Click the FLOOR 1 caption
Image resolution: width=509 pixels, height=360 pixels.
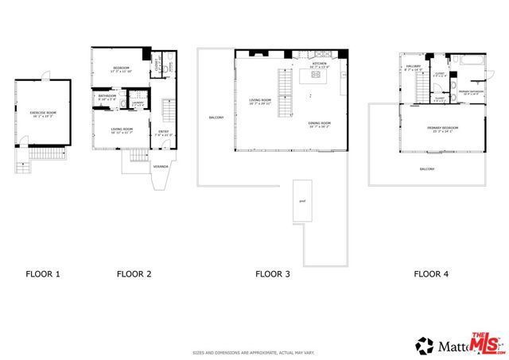coord(43,274)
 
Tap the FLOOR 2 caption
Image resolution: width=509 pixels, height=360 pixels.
coord(134,274)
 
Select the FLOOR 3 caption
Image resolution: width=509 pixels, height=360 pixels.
coord(272,274)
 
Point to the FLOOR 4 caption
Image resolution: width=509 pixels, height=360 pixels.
coord(430,274)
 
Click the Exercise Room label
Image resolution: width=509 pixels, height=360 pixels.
coord(42,114)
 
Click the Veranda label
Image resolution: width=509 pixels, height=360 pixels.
coord(161,166)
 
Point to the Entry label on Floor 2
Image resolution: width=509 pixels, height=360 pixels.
coord(163,133)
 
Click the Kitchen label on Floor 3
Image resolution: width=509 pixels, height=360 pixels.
coord(319,64)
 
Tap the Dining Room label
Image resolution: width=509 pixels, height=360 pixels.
coord(319,124)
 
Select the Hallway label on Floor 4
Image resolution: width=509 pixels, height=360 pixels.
coord(414,68)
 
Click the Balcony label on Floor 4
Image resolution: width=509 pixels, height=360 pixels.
coord(427,169)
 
